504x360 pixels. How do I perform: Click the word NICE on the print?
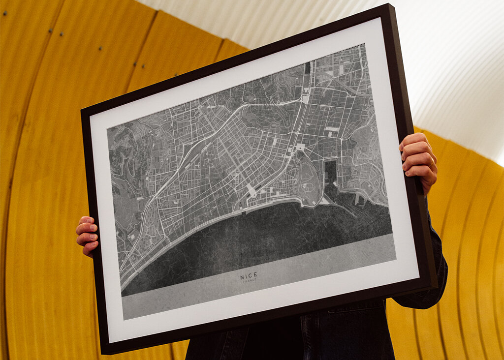tap(249, 276)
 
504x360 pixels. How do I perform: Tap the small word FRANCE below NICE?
tap(250, 282)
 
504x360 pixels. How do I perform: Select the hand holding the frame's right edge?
tap(418, 160)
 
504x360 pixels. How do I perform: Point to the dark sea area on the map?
tap(256, 241)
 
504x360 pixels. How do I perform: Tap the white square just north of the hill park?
tap(300, 147)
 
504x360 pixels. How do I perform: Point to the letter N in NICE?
tap(242, 277)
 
